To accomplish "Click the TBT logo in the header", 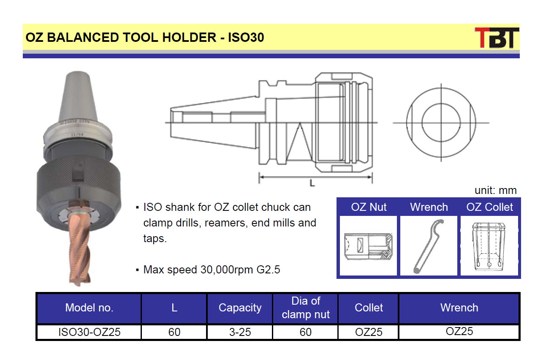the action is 497,38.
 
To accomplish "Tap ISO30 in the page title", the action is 246,37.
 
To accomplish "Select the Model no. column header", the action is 89,308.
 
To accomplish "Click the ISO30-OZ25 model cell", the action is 89,332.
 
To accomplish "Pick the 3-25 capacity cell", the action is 240,332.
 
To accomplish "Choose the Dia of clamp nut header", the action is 306,308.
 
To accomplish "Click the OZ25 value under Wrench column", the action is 459,331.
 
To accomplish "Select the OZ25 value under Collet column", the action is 369,332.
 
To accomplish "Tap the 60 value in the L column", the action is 174,332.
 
